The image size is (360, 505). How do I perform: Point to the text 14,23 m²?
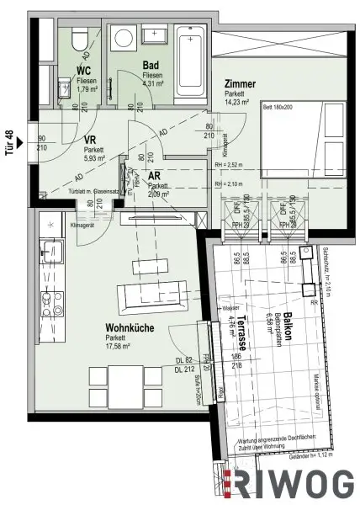coord(243,96)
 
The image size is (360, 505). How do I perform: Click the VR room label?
coord(92,144)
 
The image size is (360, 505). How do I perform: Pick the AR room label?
coord(155,177)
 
